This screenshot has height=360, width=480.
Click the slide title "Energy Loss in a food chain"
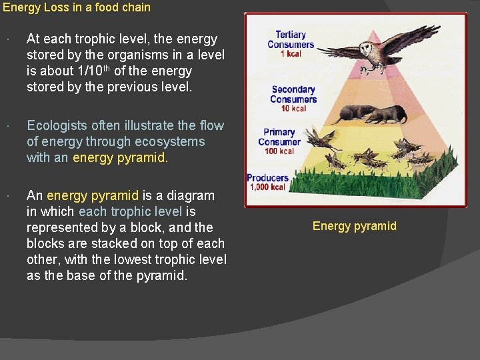click(77, 8)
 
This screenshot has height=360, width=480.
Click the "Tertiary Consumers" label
click(291, 39)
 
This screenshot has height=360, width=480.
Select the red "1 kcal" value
click(291, 54)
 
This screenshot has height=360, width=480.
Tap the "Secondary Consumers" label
click(293, 94)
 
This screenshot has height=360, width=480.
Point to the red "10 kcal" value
click(293, 108)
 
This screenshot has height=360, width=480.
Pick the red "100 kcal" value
click(279, 151)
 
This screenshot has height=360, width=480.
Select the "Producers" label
click(267, 178)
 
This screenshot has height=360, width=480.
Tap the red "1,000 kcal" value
click(267, 187)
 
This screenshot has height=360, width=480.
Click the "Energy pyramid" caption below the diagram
click(354, 226)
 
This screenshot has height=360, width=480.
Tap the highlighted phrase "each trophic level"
click(131, 211)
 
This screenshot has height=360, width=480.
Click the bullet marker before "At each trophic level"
click(5, 39)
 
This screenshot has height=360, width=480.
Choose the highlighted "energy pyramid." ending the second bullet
click(120, 157)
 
